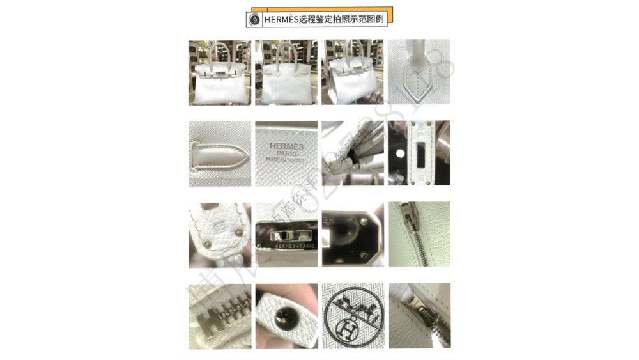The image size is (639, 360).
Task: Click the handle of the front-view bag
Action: pyautogui.click(x=219, y=51)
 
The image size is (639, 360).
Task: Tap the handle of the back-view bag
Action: pyautogui.click(x=285, y=51)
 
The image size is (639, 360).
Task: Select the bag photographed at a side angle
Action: pyautogui.click(x=351, y=74)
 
